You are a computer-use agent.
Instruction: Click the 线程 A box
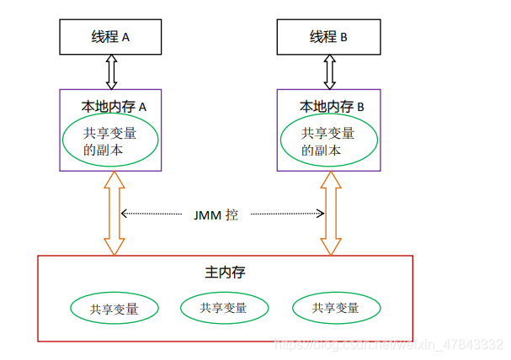(110, 37)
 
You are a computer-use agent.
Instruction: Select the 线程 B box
(329, 37)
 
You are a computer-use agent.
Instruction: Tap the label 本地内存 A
(114, 107)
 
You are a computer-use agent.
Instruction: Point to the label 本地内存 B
(332, 107)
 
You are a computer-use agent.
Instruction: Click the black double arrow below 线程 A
(111, 72)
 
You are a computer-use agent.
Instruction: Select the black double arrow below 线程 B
(329, 72)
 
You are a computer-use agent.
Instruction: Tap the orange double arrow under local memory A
(114, 213)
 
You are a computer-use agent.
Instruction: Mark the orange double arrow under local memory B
(331, 213)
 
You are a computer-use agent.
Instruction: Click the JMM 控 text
(216, 215)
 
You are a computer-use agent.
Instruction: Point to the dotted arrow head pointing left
(124, 214)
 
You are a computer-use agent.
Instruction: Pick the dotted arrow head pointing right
(321, 214)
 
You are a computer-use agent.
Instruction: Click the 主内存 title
(225, 273)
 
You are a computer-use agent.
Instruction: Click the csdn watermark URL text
(389, 345)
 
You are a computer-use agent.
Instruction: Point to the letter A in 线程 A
(125, 38)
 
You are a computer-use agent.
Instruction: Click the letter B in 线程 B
(343, 38)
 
